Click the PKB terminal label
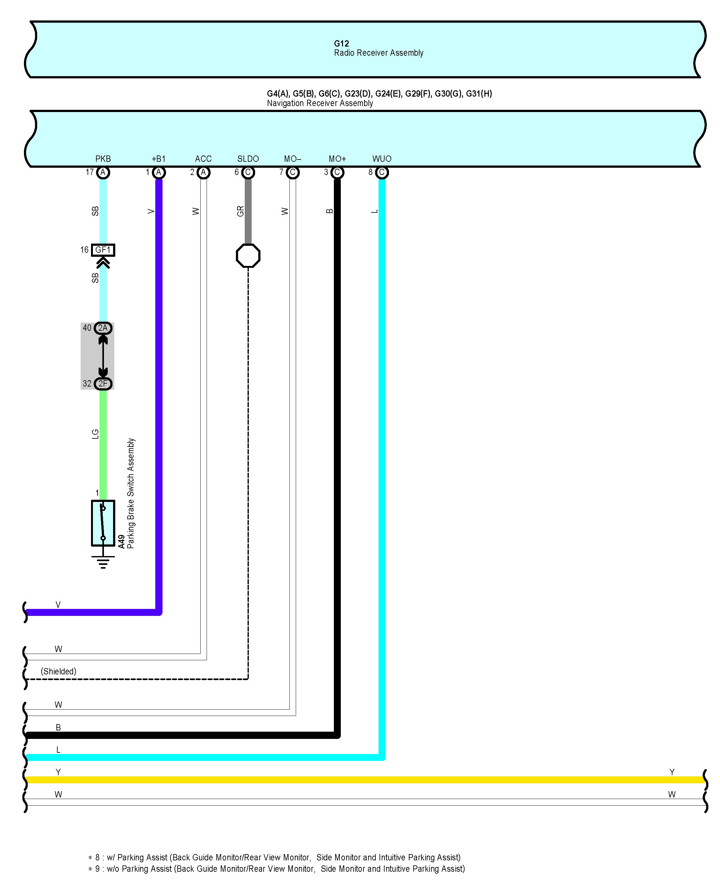[103, 159]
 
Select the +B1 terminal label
[158, 159]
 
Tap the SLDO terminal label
[248, 159]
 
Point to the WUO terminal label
[382, 159]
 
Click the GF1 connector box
[103, 250]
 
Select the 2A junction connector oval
[103, 328]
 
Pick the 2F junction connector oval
[103, 384]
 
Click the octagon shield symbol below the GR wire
[248, 256]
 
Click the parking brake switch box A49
[103, 523]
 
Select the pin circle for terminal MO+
[337, 172]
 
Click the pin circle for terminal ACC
[203, 172]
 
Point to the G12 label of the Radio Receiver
[341, 44]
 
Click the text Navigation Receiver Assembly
[320, 103]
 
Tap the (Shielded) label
[59, 671]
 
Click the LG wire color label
[95, 434]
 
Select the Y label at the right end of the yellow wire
[672, 772]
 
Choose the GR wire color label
[240, 211]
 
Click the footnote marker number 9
[97, 869]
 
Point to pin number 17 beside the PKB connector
[90, 172]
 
